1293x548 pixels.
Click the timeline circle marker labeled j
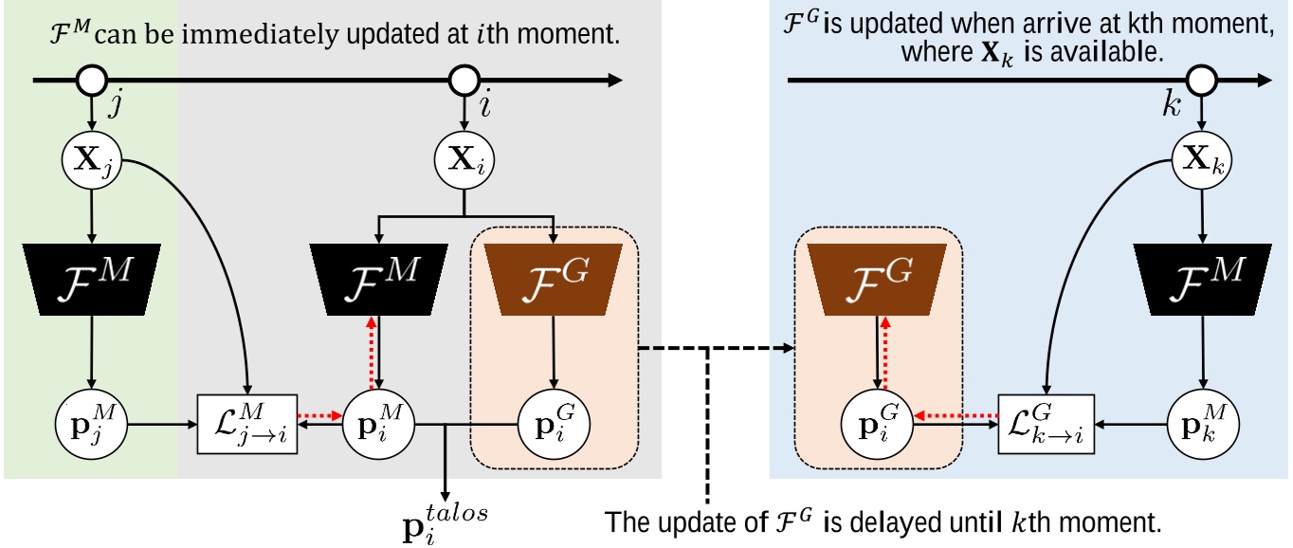(x=92, y=81)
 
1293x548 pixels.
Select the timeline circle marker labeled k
(x=1203, y=81)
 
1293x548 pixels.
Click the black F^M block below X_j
(x=92, y=280)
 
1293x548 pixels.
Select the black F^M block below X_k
(x=1203, y=280)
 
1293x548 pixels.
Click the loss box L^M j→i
(x=246, y=418)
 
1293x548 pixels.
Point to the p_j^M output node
(x=92, y=418)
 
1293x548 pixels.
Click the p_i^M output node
(x=376, y=418)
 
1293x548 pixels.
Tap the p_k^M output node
(x=1203, y=418)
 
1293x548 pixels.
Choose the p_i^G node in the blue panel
(x=877, y=418)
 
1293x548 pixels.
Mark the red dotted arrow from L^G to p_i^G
(x=956, y=414)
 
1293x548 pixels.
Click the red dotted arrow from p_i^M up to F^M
(x=373, y=350)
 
